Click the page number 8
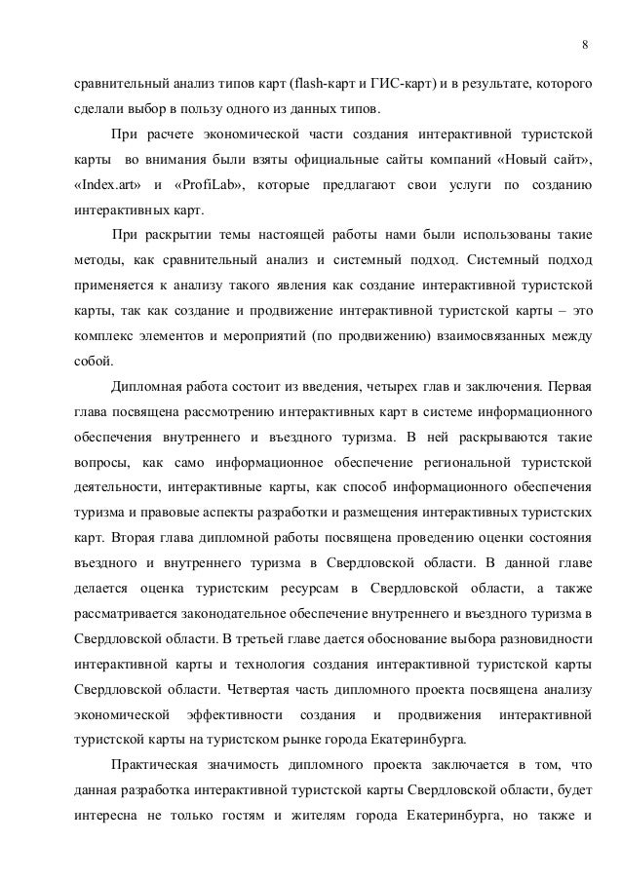pyautogui.click(x=584, y=45)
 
